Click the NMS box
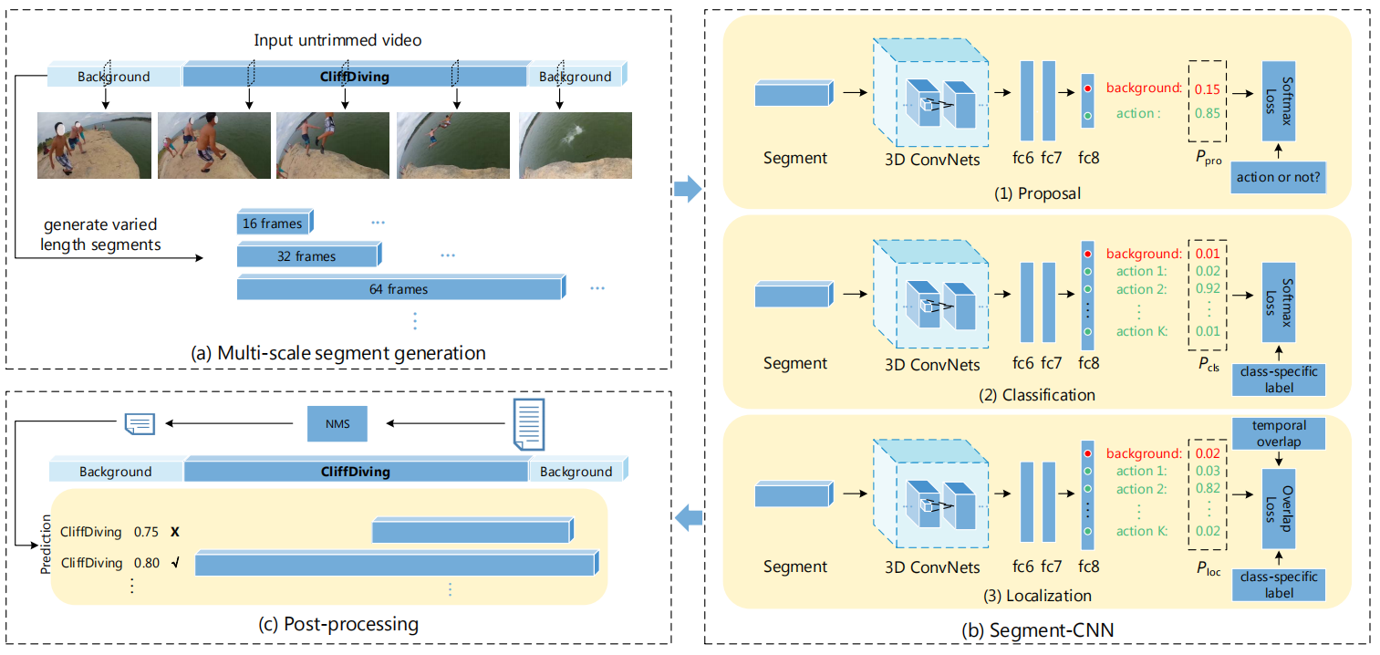pyautogui.click(x=334, y=423)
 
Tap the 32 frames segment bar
pyautogui.click(x=307, y=256)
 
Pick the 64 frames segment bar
pyautogui.click(x=399, y=289)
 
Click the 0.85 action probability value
pyautogui.click(x=1206, y=114)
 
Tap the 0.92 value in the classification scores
pyautogui.click(x=1206, y=289)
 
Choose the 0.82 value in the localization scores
pyautogui.click(x=1206, y=489)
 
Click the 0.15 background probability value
pyautogui.click(x=1206, y=89)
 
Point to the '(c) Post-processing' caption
pyautogui.click(x=338, y=624)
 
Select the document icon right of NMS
pyautogui.click(x=530, y=423)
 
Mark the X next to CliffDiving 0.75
pyautogui.click(x=174, y=531)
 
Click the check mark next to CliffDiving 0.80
pyautogui.click(x=174, y=563)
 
